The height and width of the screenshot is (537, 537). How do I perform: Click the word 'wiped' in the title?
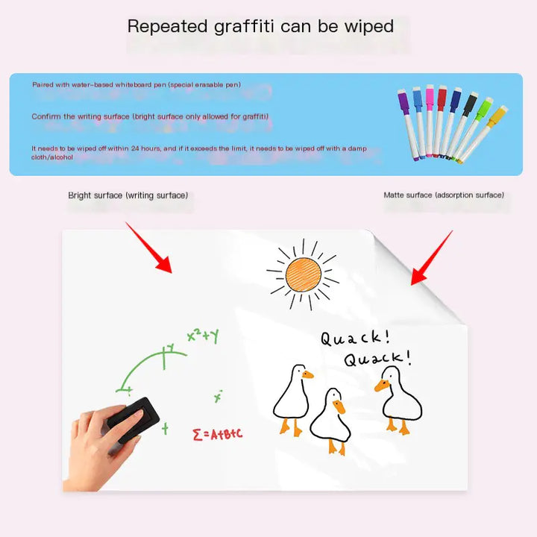pos(368,27)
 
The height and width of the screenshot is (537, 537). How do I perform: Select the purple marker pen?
pos(405,119)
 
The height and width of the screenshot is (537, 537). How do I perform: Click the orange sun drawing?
pos(303,274)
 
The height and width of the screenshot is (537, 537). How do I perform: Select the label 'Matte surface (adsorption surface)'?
pos(444,195)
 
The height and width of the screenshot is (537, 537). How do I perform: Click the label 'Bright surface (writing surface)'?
pos(128,195)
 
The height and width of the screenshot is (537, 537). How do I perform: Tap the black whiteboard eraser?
pos(133,417)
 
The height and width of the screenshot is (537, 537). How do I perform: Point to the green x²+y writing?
pos(202,336)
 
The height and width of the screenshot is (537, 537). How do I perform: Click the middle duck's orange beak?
pos(339,407)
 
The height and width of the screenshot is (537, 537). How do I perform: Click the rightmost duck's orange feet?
pos(397,427)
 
